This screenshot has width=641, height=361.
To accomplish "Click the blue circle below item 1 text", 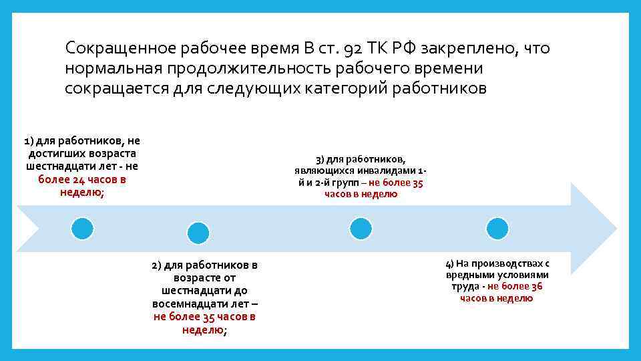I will tap(83, 229).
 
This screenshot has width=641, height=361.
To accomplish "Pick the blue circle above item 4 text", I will tap(497, 229).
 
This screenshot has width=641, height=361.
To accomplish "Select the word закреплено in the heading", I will tap(471, 48).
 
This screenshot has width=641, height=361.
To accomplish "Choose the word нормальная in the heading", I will tap(114, 68).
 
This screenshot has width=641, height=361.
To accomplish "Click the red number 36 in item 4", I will tap(536, 286).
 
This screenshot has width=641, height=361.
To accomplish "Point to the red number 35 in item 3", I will tap(417, 183).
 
